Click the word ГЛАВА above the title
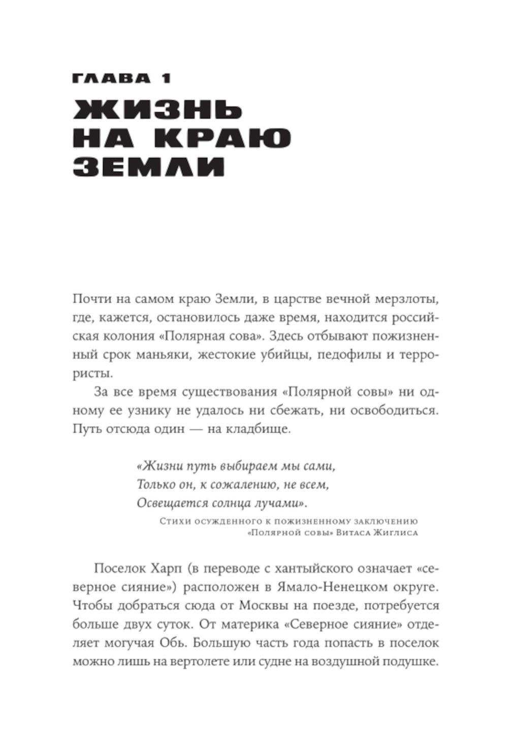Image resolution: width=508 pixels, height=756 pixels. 111,79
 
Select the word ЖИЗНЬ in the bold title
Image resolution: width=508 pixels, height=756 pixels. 158,111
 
